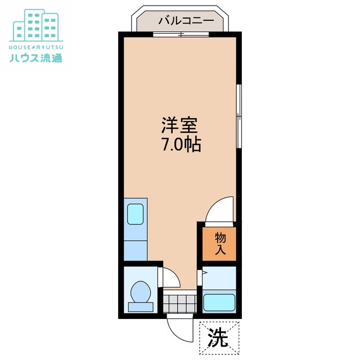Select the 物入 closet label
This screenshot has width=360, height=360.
220,244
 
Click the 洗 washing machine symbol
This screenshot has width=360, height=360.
219,337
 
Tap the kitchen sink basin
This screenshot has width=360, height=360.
136,214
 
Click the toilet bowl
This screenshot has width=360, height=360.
139,292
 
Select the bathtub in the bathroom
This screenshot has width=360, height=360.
219,303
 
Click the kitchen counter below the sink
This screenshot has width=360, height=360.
135,247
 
